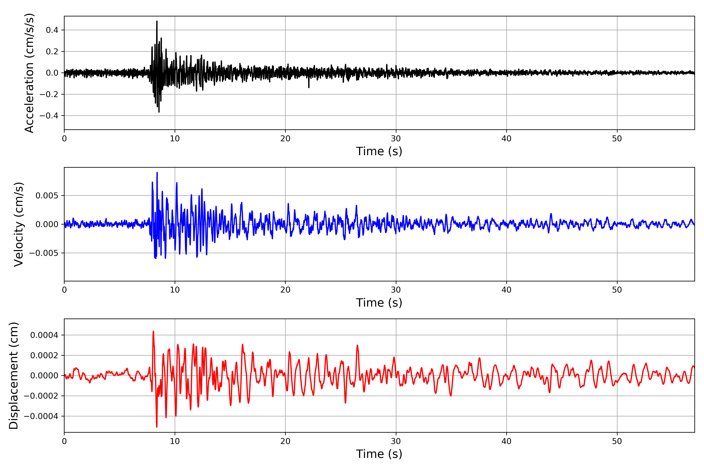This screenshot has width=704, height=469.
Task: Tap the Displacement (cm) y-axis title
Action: (13, 376)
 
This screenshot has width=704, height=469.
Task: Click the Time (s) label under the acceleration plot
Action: (379, 151)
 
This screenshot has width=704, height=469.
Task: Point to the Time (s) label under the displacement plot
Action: (379, 454)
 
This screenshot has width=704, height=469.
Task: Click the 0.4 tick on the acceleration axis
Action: (52, 30)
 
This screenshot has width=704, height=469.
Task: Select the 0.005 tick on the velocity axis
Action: (47, 196)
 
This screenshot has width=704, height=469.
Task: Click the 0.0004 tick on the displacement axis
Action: (44, 335)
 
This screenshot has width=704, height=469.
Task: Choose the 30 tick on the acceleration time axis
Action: (396, 139)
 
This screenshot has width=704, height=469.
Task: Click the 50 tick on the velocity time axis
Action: (617, 290)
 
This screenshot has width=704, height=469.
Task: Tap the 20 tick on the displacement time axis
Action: (285, 441)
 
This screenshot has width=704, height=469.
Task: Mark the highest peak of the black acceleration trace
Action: (157, 21)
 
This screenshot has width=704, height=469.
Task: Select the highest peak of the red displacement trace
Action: (153, 331)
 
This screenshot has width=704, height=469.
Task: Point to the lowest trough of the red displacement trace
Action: (157, 427)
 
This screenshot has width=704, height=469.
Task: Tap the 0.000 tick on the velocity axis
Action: (47, 224)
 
